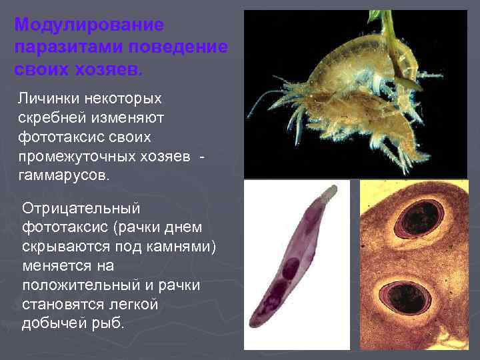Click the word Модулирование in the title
click(x=89, y=25)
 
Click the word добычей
click(x=57, y=323)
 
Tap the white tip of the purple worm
click(x=328, y=193)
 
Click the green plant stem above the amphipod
click(x=387, y=27)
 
